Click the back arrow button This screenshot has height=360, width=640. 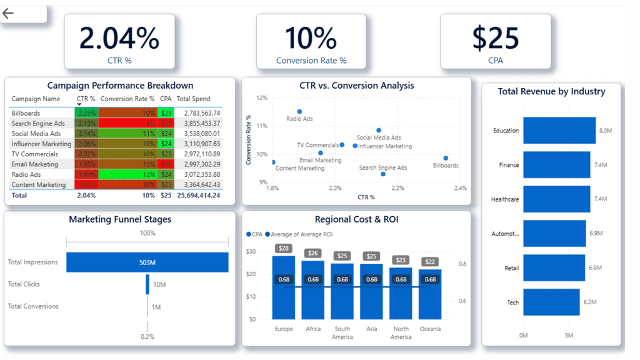(x=8, y=13)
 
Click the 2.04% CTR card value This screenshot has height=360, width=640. (x=119, y=39)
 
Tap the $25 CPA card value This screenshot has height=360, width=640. (x=495, y=39)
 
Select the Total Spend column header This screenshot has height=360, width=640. (x=193, y=99)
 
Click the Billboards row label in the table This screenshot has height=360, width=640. (x=26, y=113)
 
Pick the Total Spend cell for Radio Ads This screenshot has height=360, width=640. (x=198, y=174)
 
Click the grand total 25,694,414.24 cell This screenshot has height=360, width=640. (x=198, y=195)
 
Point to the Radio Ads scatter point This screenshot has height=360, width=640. (x=299, y=112)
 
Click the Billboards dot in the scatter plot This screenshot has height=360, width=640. (x=446, y=158)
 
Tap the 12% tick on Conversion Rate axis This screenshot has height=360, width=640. (x=261, y=98)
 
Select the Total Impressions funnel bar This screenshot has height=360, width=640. (x=147, y=262)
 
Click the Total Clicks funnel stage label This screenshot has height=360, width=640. (x=24, y=284)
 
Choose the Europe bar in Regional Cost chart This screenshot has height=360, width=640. (x=284, y=287)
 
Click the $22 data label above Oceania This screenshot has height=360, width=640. (x=430, y=261)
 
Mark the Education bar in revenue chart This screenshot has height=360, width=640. (x=559, y=131)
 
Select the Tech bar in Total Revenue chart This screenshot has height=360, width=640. (x=551, y=302)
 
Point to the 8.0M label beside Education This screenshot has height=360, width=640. (x=605, y=131)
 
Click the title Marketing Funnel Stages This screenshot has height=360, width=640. (x=120, y=219)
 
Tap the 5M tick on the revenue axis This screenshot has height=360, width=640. (x=569, y=336)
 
